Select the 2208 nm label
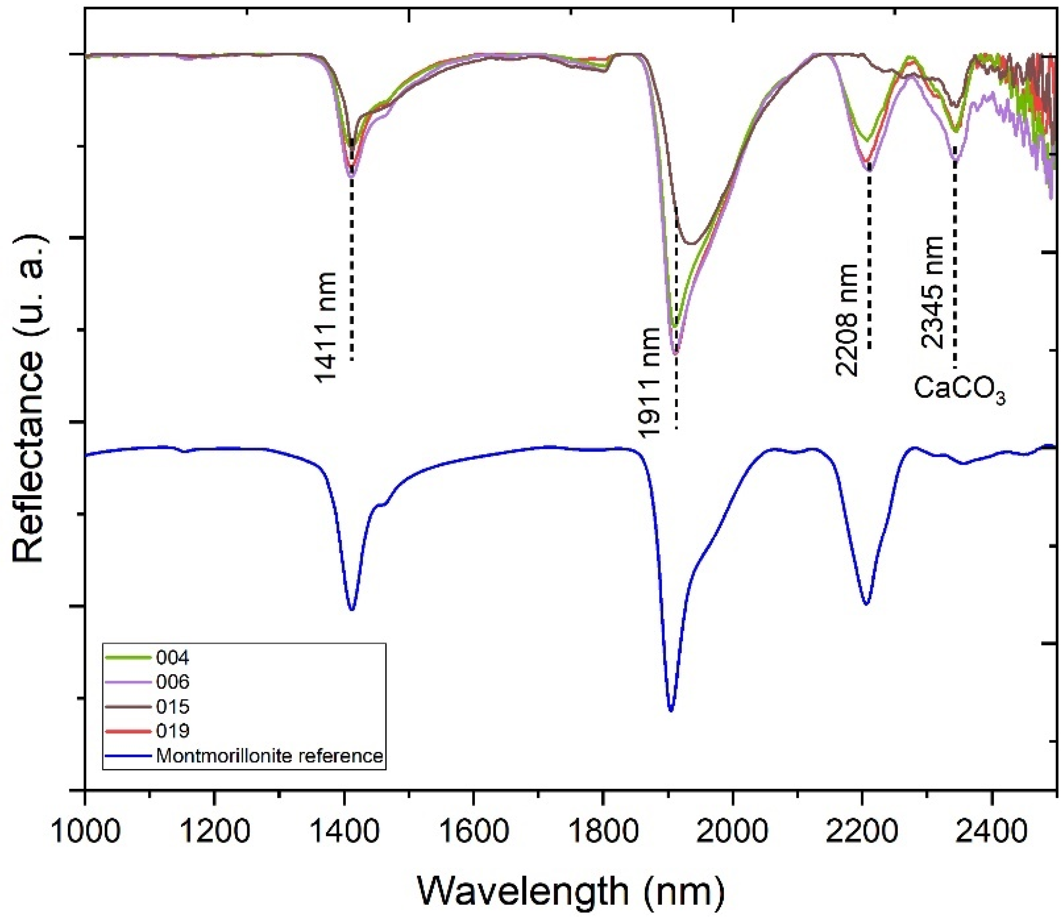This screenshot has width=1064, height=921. pos(846,321)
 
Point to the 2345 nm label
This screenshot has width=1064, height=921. pos(932,292)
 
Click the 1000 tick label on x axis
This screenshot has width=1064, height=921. pos(85,830)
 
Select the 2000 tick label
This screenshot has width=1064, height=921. pos(733,830)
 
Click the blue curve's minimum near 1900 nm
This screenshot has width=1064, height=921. pos(671,710)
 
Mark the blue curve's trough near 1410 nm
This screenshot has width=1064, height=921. pos(352,609)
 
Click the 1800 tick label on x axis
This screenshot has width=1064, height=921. pos(603,830)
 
